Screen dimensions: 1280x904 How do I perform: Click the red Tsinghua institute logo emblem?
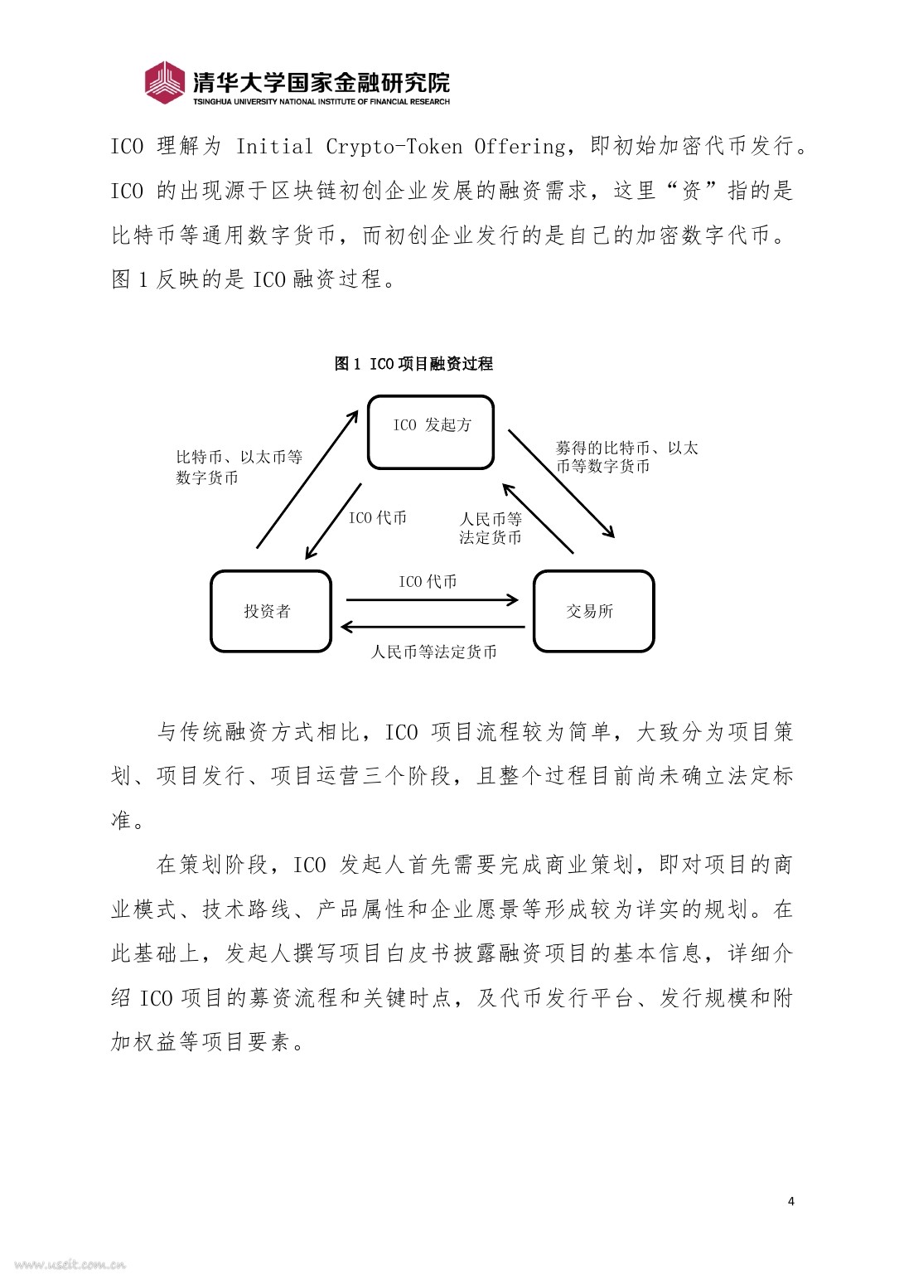tap(164, 82)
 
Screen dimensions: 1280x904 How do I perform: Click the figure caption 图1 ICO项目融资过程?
tap(413, 364)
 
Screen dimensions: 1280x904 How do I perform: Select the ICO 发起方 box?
tap(431, 432)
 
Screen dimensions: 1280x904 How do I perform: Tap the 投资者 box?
tap(270, 611)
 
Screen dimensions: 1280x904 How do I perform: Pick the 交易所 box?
tap(593, 611)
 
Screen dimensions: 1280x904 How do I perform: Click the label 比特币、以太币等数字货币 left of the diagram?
tap(239, 467)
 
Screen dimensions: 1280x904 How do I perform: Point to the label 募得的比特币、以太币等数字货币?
tap(626, 457)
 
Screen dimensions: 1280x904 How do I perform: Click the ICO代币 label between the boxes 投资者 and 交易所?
tap(428, 582)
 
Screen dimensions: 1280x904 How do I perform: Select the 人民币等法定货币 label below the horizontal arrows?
tap(434, 652)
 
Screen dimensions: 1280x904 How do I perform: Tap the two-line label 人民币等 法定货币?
tap(491, 528)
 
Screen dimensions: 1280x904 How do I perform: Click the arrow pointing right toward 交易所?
tap(431, 599)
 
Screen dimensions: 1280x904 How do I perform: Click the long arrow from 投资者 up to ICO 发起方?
tap(307, 479)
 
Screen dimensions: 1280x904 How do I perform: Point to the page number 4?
tap(790, 1201)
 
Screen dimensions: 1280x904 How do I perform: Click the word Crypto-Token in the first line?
tap(394, 147)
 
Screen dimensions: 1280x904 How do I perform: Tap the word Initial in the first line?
tap(274, 147)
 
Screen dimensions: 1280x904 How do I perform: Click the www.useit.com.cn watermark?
tap(70, 1265)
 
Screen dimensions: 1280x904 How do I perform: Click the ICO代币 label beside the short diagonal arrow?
tap(378, 518)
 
